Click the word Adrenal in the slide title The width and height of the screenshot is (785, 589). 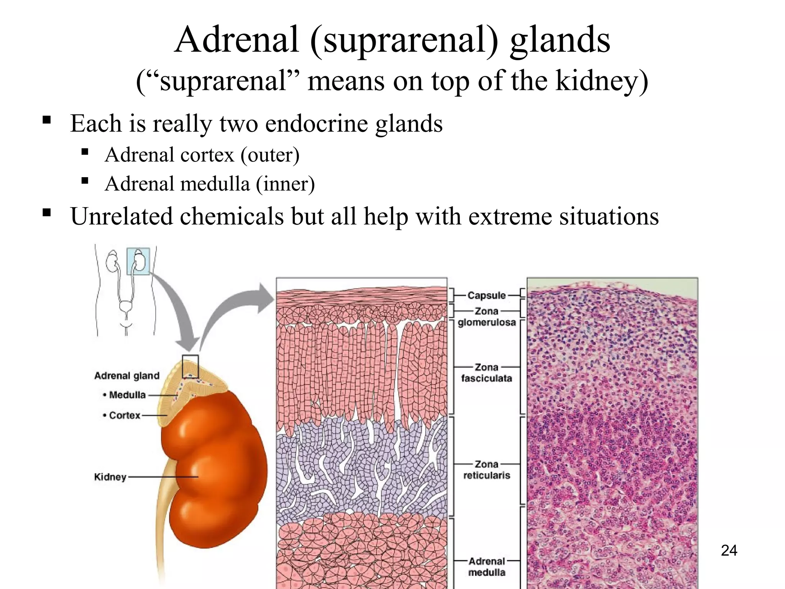(x=236, y=39)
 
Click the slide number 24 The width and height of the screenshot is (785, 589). (x=729, y=551)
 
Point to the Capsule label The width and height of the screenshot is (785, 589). (x=486, y=296)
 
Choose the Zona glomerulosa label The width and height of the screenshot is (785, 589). (x=486, y=317)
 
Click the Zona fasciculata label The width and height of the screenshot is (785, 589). (x=486, y=373)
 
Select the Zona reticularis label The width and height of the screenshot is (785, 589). (x=486, y=470)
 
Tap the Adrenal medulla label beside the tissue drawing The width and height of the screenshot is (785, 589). (x=486, y=567)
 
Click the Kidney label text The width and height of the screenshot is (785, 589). (x=110, y=477)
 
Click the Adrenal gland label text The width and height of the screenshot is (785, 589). (x=127, y=376)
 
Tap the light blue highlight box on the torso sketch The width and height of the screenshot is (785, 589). (x=138, y=261)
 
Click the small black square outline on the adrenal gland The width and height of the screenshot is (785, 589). (x=190, y=366)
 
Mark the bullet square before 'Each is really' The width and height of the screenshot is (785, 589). (x=47, y=120)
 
